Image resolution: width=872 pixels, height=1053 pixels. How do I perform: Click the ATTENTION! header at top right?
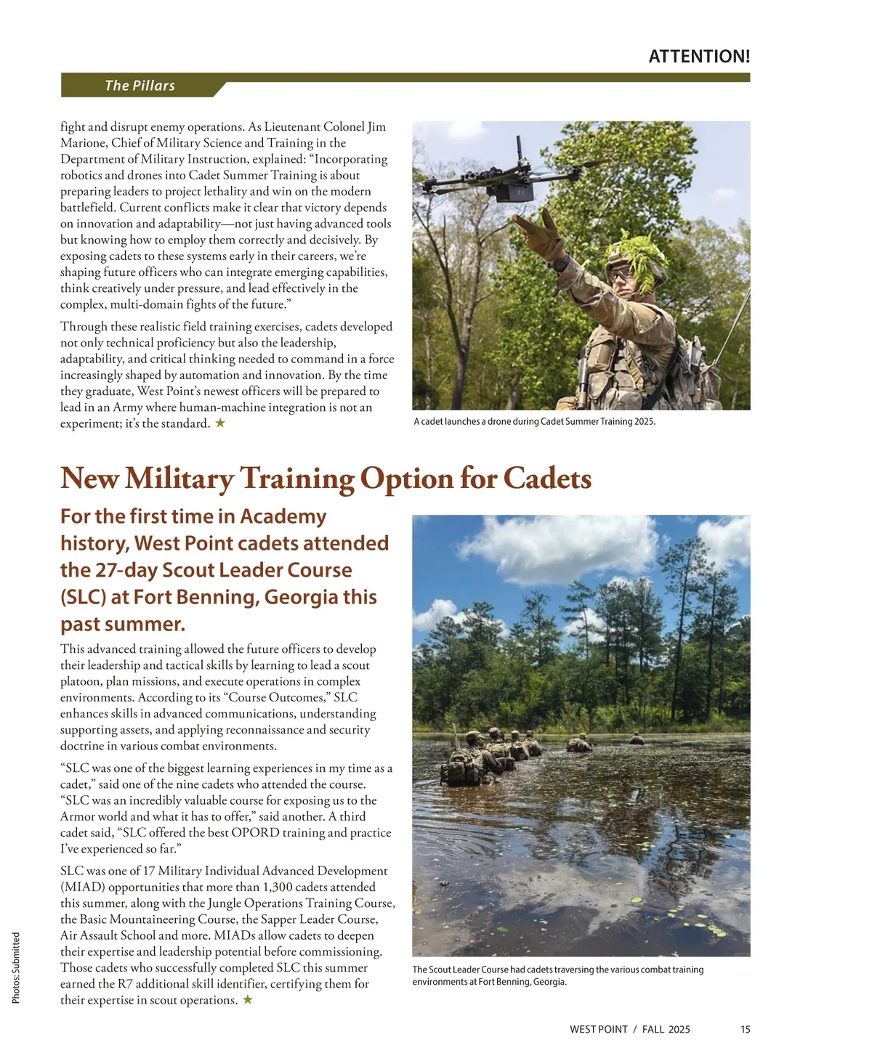[698, 57]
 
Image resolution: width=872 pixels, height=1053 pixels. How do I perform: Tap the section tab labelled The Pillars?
[140, 86]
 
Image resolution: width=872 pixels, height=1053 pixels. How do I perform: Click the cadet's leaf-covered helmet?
[637, 258]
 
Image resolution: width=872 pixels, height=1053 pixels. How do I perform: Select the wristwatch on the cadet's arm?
[560, 262]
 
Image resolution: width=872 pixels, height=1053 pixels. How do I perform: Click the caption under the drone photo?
[534, 422]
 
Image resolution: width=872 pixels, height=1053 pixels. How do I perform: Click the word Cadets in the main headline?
[546, 479]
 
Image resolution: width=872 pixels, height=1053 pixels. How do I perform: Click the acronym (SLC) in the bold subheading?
[83, 598]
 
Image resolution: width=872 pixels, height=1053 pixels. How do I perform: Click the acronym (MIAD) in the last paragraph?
[83, 887]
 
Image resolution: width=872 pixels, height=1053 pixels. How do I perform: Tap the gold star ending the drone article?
[220, 423]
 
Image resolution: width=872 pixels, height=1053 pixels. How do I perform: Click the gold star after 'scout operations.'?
[248, 1000]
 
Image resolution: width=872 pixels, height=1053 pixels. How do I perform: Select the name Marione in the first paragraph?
[83, 143]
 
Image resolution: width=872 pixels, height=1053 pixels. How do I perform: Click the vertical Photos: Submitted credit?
[16, 968]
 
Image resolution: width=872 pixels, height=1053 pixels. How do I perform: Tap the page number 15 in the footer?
[746, 1029]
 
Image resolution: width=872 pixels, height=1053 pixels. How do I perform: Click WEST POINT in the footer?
[598, 1029]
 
